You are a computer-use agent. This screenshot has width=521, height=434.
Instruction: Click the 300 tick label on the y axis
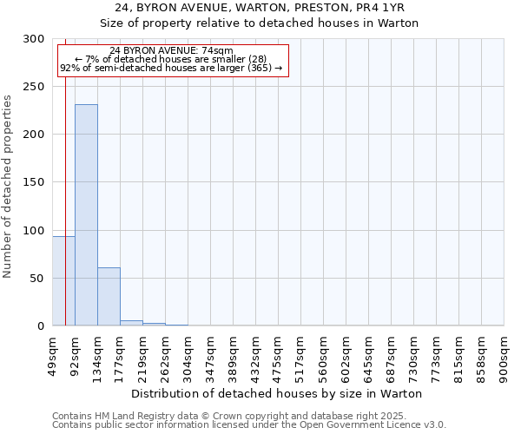[x=34, y=39]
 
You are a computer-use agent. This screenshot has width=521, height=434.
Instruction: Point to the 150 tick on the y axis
[x=34, y=182]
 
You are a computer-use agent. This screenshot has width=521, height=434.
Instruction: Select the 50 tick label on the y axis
[x=37, y=278]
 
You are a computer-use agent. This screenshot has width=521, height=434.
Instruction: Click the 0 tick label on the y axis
[x=41, y=325]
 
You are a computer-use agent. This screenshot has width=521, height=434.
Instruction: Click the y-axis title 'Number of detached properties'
[x=8, y=187]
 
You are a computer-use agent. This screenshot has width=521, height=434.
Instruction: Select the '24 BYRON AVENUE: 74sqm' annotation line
[x=171, y=50]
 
